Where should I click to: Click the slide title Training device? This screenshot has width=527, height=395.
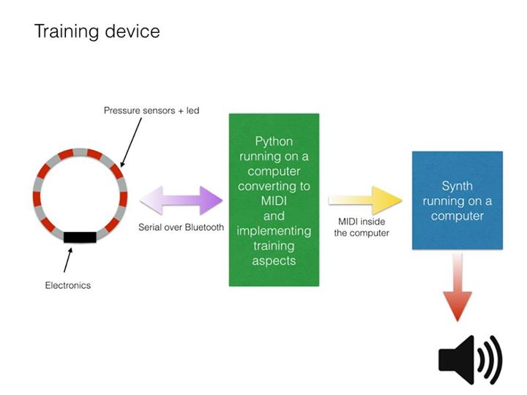click(97, 31)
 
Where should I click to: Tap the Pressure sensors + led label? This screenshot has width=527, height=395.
click(152, 110)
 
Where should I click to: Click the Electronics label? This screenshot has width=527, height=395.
click(68, 285)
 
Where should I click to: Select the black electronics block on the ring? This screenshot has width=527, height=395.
click(80, 237)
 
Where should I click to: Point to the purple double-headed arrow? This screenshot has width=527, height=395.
click(182, 200)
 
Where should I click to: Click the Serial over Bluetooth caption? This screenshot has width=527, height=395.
click(182, 227)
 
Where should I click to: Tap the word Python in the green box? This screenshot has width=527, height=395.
click(274, 142)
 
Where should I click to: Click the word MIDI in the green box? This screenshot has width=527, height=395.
click(274, 201)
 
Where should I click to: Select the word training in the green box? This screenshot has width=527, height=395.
click(274, 247)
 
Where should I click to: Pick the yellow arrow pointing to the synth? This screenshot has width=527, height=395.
click(365, 200)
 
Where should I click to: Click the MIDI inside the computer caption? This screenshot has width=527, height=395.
click(362, 227)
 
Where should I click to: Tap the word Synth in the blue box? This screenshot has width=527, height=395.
click(457, 186)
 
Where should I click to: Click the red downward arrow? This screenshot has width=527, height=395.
click(457, 287)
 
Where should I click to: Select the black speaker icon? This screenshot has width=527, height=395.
click(470, 360)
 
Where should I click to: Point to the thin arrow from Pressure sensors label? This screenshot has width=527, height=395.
click(131, 143)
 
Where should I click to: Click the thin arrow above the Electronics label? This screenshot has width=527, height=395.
click(68, 260)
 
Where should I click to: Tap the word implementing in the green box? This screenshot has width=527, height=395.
click(274, 231)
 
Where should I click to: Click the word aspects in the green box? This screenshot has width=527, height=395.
click(274, 261)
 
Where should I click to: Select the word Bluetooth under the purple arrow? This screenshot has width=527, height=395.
click(204, 227)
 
